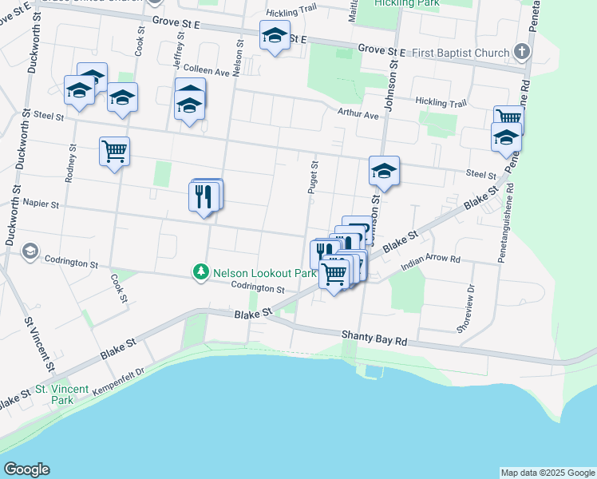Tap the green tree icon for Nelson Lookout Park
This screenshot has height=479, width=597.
(x=200, y=272)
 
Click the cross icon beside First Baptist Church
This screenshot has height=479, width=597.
(x=522, y=53)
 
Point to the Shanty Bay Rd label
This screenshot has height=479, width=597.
(x=374, y=338)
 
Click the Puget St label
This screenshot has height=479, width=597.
(x=314, y=177)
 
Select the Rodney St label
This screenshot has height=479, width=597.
(x=72, y=163)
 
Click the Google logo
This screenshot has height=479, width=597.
(x=26, y=469)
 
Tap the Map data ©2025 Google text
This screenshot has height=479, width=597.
(x=548, y=473)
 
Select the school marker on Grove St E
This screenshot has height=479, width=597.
(x=274, y=36)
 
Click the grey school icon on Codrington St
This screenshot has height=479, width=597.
(x=30, y=252)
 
